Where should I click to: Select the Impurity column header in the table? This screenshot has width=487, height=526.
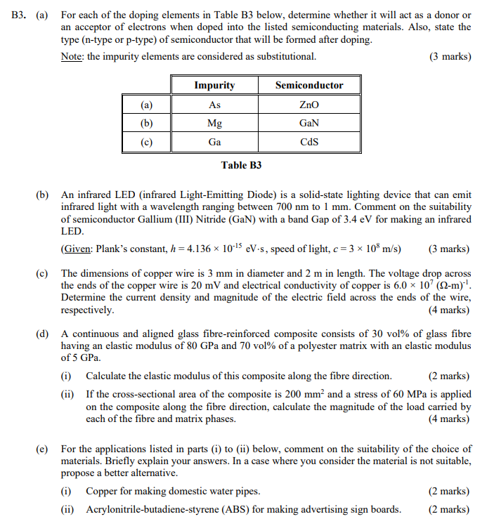point(214,86)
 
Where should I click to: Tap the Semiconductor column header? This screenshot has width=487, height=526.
point(309,86)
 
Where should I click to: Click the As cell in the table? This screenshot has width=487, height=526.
point(214,105)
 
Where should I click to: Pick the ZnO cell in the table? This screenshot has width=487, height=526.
point(309,105)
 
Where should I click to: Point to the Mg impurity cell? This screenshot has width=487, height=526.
point(214,123)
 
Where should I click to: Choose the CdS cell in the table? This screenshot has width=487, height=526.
point(309,141)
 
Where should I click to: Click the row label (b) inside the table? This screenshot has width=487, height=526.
point(146,123)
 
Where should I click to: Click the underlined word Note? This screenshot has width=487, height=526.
point(73,56)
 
